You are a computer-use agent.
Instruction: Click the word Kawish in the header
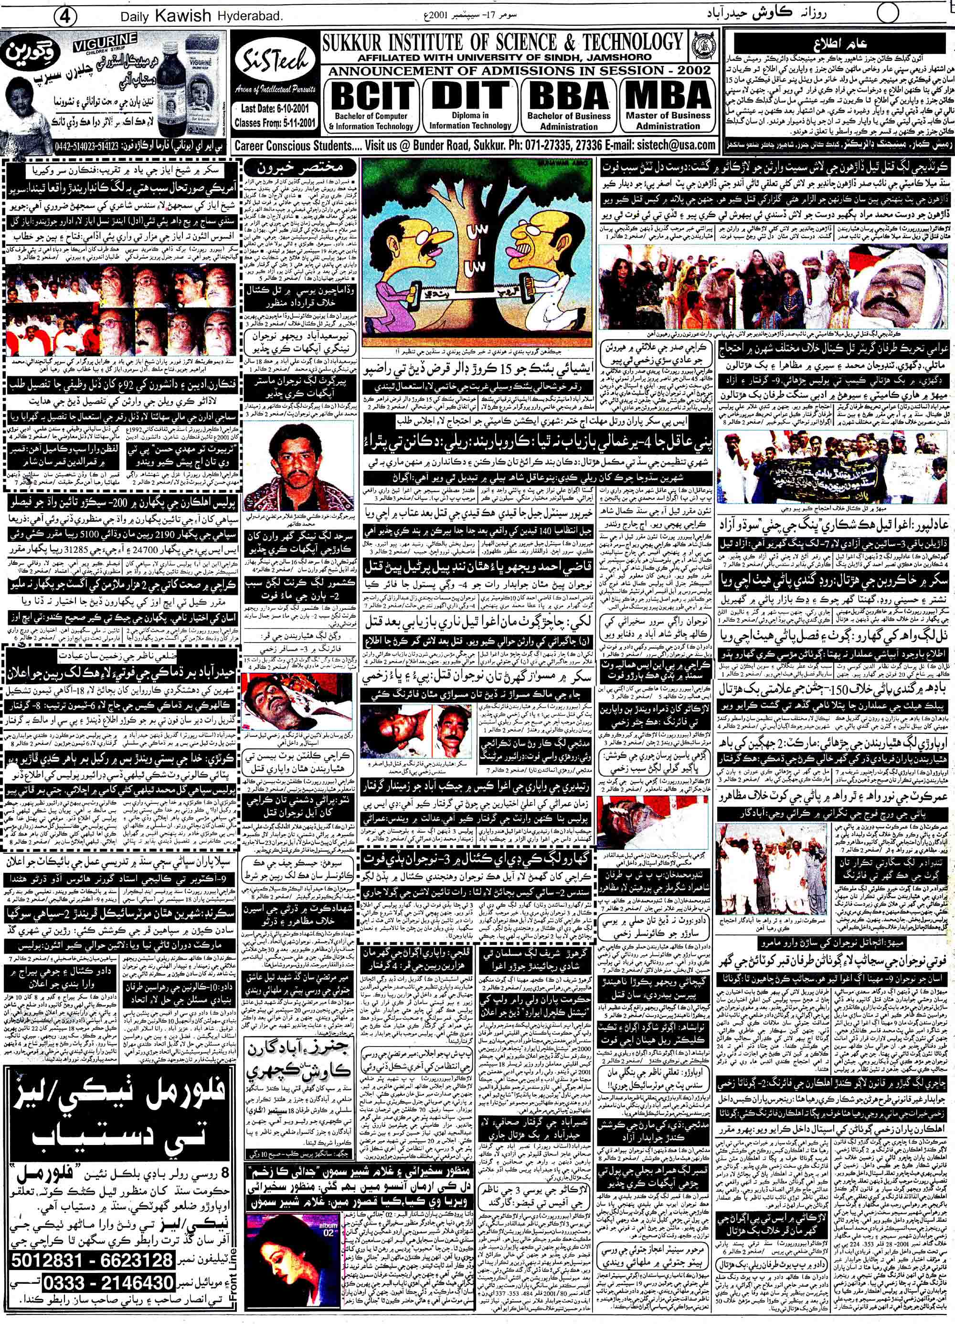(181, 16)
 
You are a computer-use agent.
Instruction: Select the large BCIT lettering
(372, 95)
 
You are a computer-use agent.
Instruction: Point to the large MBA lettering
(668, 94)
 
